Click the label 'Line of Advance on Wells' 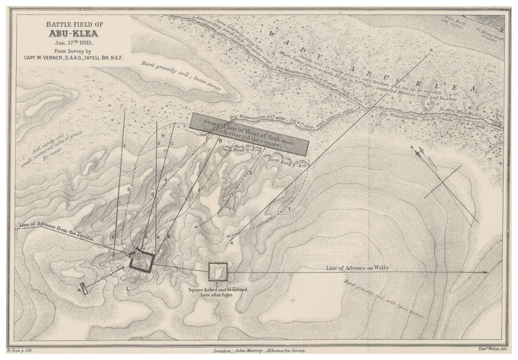click(357, 269)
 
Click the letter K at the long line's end click(431, 51)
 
